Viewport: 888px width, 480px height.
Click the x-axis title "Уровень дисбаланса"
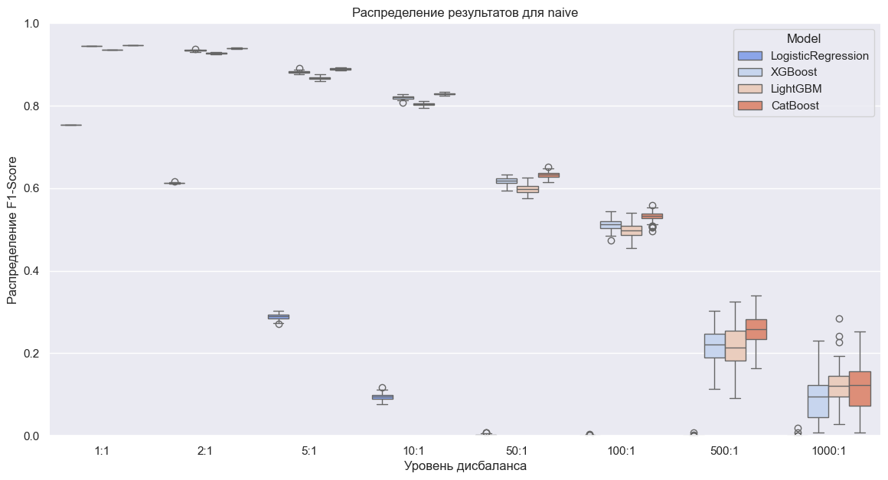[x=465, y=465]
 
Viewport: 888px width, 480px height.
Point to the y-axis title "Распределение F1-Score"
[x=13, y=230]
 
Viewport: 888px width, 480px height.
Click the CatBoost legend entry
[x=795, y=106]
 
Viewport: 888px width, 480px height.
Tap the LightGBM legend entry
[x=796, y=89]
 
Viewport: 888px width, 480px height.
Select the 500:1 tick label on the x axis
[x=724, y=451]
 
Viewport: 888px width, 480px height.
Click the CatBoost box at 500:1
[x=756, y=329]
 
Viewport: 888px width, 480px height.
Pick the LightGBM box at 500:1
[x=735, y=345]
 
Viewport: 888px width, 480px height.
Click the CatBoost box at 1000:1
[x=860, y=388]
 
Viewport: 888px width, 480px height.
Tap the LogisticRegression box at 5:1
[x=279, y=316]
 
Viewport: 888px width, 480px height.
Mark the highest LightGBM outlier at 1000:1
[x=839, y=318]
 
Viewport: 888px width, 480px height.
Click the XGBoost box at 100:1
[x=610, y=225]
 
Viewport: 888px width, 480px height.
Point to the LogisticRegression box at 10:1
[x=382, y=397]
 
